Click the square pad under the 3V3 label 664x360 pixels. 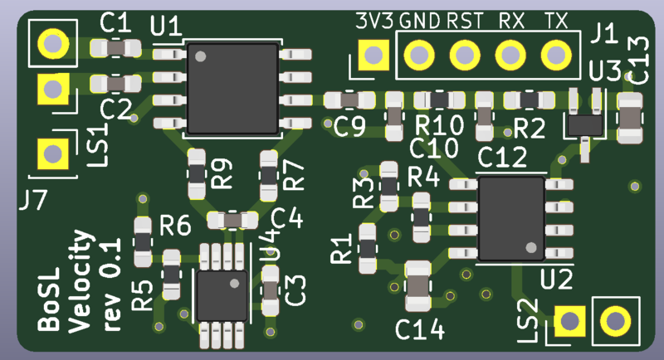coord(373,55)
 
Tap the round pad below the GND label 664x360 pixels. coord(419,55)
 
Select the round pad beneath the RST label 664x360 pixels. coord(465,55)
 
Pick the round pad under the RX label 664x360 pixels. coord(510,55)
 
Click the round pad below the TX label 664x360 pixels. coord(556,55)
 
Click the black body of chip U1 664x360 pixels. coord(233,89)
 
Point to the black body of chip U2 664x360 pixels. coord(511,218)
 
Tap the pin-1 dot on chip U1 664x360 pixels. coord(200,56)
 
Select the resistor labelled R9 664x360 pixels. coord(197,174)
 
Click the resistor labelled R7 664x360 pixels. coord(269,176)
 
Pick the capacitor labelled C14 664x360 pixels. coord(418,286)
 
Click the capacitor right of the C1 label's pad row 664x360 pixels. coord(115,48)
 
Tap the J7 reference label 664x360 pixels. coord(32,200)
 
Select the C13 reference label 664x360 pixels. coord(638,60)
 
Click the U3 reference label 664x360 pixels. coord(605,71)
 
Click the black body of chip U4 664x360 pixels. coord(222,295)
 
